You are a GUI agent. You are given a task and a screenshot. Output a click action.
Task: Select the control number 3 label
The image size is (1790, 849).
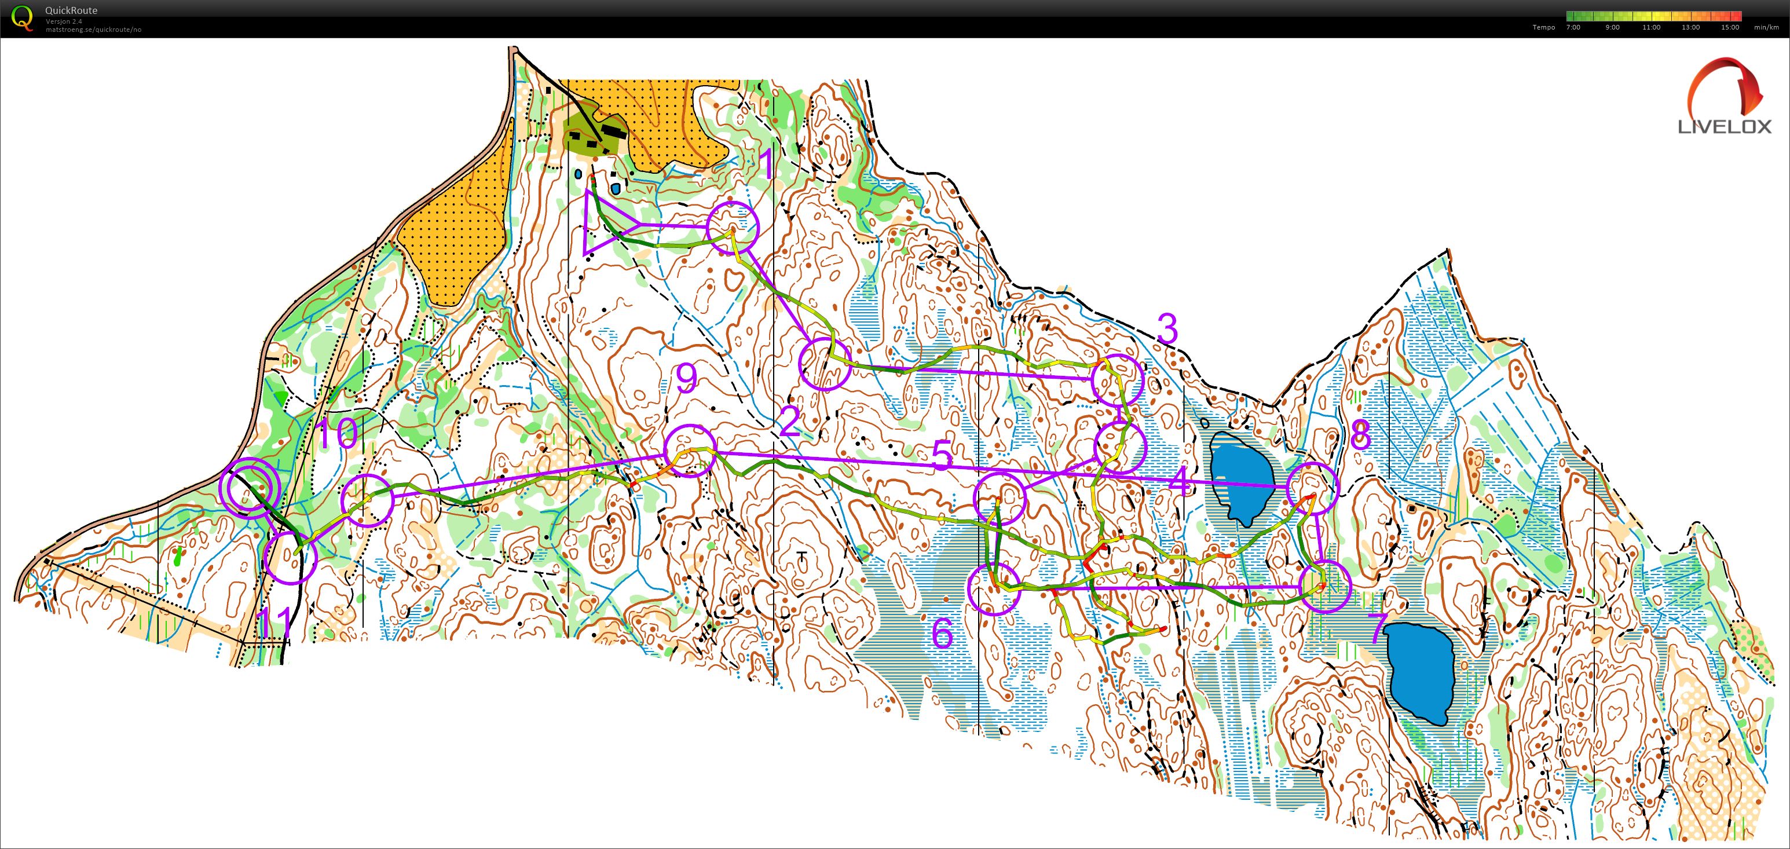tap(1168, 330)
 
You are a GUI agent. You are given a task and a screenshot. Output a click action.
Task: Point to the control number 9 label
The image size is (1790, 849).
tap(686, 379)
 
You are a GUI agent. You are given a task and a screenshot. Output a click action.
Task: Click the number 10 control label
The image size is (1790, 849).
tap(337, 434)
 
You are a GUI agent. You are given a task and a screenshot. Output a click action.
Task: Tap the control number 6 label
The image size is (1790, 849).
tap(942, 634)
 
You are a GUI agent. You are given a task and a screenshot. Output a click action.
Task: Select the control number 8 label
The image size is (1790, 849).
tap(1360, 436)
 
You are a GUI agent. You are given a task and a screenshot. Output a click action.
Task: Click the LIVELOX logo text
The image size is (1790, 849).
tap(1724, 126)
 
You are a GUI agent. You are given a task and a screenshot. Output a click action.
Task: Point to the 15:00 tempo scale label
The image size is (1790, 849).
tap(1730, 27)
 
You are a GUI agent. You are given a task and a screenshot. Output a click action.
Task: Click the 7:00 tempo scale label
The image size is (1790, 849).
tap(1573, 27)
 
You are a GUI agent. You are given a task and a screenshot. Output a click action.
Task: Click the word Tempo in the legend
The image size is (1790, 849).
tap(1543, 27)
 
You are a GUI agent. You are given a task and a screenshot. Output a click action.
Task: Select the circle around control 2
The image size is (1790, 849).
tap(825, 364)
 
